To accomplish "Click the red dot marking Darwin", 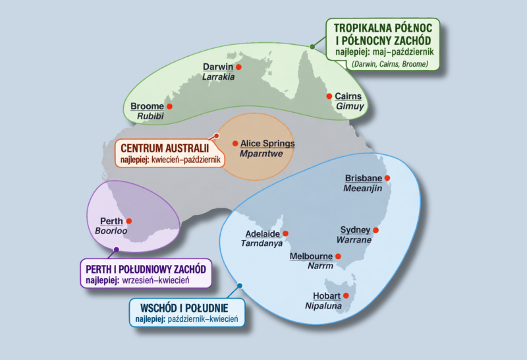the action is click(238, 67).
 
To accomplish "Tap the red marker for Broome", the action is click(169, 106).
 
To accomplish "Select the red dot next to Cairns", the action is click(329, 96).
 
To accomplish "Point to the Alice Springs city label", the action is click(267, 143).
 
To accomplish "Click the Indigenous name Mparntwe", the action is click(261, 154).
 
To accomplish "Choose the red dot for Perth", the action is click(128, 221).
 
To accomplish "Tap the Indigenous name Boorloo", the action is click(111, 231).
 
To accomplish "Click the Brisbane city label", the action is click(364, 178).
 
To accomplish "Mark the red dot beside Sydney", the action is click(375, 230).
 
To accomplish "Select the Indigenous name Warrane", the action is click(354, 240).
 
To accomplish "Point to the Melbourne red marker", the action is click(338, 256).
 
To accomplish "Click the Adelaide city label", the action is click(262, 233).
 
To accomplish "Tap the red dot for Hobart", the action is click(346, 296).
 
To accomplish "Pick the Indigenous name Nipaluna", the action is click(323, 306).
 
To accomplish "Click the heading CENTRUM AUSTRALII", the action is click(165, 148).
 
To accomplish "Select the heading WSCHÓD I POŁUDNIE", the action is click(184, 308).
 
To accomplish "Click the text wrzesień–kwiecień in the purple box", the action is click(155, 280).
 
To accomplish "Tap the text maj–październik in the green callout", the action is click(403, 52).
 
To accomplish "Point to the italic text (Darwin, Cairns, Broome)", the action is click(390, 64).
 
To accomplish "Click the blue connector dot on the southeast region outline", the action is click(240, 285).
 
